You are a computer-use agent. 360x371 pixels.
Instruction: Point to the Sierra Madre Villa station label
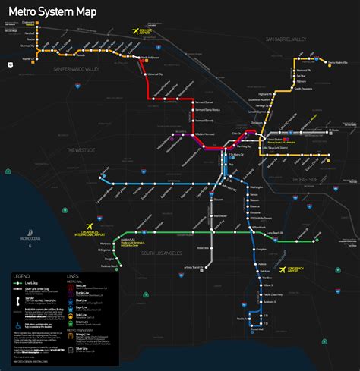[x=342, y=63]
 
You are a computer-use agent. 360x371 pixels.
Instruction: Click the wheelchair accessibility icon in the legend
[x=18, y=328]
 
